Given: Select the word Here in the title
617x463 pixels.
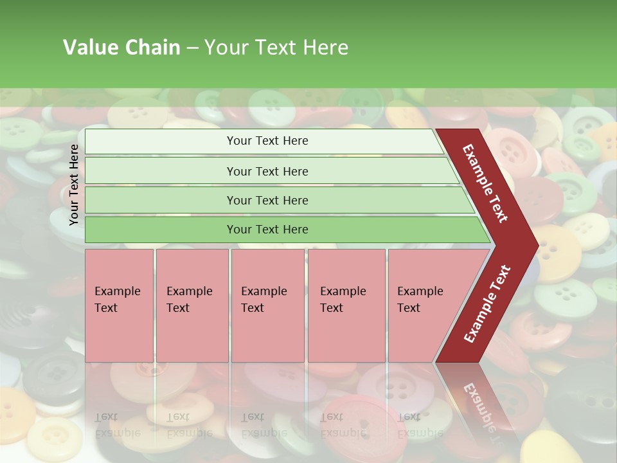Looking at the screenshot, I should coord(325,48).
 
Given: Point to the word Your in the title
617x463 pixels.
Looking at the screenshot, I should coord(224,48).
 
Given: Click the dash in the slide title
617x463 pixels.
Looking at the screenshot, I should coord(192,48).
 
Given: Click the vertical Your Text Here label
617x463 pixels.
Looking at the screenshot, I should coord(74,185).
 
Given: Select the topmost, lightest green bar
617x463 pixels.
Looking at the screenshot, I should coord(267,141).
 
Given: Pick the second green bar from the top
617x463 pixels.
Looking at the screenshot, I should coord(267,171).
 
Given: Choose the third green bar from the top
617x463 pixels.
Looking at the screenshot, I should coord(267,200).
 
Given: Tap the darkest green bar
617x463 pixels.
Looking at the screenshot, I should coord(267,230).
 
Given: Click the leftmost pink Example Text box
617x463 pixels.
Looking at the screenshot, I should coord(119,305).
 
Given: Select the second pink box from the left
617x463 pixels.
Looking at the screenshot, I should coord(192,305).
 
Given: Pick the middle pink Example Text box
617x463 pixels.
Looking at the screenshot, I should coord(267,305).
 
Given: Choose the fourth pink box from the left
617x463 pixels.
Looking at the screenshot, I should coord(346,305).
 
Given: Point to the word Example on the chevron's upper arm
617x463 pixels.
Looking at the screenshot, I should coord(478,167).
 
